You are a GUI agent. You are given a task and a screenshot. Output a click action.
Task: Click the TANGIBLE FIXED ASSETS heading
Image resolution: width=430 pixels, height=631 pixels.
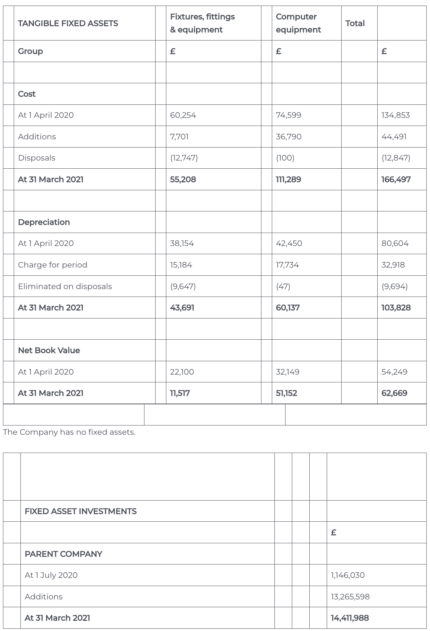68,23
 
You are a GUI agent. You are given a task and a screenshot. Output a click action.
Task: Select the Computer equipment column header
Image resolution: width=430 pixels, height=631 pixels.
298,23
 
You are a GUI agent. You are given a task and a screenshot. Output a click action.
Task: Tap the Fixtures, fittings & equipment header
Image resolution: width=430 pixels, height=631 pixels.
202,23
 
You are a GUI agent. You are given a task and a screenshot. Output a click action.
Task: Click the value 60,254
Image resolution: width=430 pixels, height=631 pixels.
183,115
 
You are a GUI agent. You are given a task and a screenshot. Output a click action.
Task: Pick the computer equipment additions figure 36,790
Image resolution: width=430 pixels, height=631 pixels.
289,137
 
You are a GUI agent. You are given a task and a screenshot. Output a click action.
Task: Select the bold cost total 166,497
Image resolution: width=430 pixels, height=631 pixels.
396,179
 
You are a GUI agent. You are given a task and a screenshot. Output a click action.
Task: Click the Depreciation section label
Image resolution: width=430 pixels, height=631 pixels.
44,222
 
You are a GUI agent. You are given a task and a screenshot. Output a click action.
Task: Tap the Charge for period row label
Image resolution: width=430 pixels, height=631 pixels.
53,265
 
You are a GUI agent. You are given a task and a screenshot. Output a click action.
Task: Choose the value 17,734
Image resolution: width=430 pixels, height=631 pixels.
287,265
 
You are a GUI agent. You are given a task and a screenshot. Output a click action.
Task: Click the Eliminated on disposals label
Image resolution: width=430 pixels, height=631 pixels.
65,287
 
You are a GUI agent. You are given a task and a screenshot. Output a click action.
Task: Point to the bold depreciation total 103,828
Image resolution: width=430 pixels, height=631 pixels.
396,308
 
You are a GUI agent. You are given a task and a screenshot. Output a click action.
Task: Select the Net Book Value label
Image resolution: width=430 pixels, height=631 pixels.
49,350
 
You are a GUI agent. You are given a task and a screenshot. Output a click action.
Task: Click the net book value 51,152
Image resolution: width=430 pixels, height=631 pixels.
286,393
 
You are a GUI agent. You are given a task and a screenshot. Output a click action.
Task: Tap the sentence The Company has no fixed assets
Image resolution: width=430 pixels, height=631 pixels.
69,432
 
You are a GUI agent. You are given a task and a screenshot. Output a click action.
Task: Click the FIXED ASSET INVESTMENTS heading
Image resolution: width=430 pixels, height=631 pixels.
81,511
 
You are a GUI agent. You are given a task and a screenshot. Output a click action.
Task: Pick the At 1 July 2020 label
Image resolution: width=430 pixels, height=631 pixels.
51,575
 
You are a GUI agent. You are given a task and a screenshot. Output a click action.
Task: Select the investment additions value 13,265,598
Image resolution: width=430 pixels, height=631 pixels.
350,597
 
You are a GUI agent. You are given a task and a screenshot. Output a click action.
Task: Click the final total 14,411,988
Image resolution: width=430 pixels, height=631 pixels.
350,618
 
